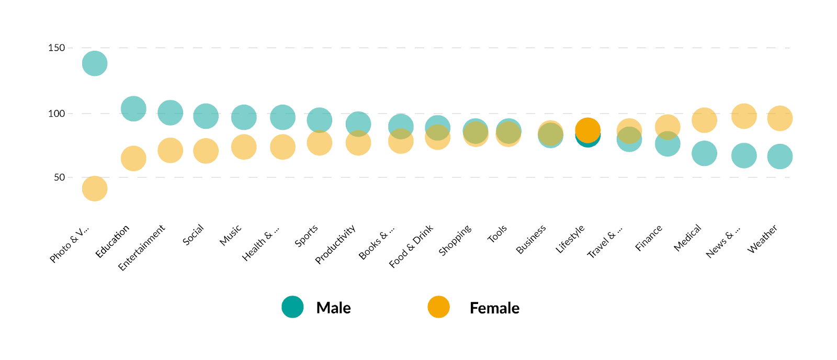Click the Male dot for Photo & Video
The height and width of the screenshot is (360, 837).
click(x=95, y=63)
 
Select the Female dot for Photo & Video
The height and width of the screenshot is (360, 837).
click(x=95, y=188)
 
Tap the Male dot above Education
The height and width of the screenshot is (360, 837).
click(x=133, y=109)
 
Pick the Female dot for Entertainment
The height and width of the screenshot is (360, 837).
click(x=170, y=151)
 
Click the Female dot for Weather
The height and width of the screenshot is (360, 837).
click(x=779, y=118)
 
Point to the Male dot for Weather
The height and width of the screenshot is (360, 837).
click(x=779, y=156)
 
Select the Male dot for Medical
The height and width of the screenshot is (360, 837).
click(x=704, y=153)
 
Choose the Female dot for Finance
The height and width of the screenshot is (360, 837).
click(x=667, y=126)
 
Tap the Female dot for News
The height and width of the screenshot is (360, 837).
click(x=743, y=116)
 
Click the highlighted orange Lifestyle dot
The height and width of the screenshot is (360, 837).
click(x=587, y=130)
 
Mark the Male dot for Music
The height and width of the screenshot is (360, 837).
click(x=244, y=117)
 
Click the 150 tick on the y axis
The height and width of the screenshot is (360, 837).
click(x=56, y=48)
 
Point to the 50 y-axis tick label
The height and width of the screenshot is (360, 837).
click(x=59, y=177)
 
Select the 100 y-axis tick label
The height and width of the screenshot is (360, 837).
click(x=56, y=114)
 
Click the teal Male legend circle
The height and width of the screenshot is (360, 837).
click(x=292, y=307)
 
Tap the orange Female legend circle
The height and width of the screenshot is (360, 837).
click(x=438, y=307)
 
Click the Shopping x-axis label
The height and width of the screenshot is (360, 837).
click(x=455, y=240)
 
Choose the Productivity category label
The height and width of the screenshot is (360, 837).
click(x=335, y=244)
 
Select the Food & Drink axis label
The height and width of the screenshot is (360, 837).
click(x=411, y=246)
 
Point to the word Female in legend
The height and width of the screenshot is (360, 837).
click(x=494, y=308)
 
